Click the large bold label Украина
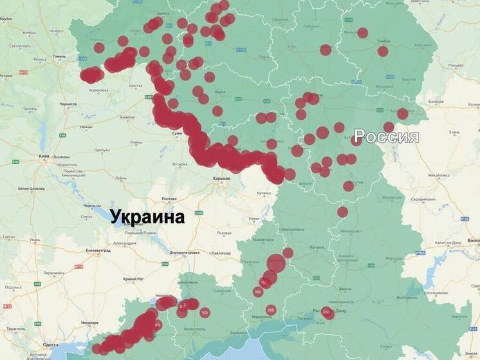[147, 216]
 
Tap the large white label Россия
[387, 137]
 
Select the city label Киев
[44, 156]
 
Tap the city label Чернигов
[68, 104]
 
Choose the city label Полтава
[169, 198]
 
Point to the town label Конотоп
[127, 117]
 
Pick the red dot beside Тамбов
[383, 52]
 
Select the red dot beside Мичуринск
[363, 33]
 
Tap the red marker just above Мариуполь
[271, 310]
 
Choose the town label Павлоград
[221, 253]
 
